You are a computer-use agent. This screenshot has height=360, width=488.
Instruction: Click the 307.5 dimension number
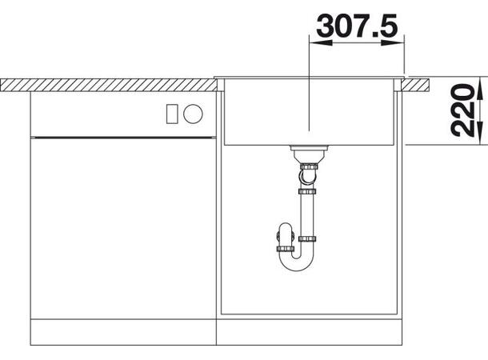pos(357,26)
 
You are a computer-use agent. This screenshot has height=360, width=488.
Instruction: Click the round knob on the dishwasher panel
pos(193,114)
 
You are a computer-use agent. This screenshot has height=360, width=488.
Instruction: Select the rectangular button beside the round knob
pos(172,114)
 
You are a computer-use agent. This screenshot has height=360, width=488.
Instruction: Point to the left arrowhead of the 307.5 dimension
pos(320,43)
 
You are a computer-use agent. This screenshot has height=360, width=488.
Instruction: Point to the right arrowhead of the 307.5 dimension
pos(393,43)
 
